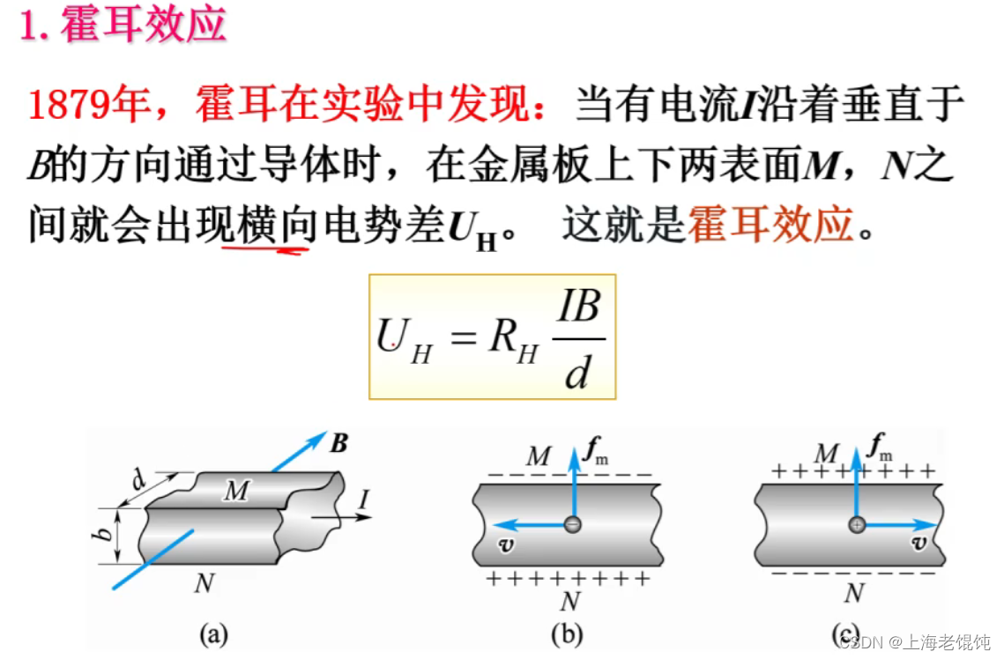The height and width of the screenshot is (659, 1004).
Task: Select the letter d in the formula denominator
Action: tap(576, 373)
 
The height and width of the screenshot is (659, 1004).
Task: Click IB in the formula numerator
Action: tap(579, 307)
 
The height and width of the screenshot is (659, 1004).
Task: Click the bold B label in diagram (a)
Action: tap(338, 443)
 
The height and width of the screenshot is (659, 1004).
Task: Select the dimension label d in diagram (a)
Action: tap(139, 480)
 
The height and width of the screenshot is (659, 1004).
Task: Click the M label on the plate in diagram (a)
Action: tap(235, 491)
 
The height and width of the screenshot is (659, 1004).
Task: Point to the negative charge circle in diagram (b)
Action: tap(573, 524)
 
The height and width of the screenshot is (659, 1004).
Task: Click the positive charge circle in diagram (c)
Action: tap(856, 525)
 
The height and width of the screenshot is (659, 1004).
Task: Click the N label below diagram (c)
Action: tap(853, 594)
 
